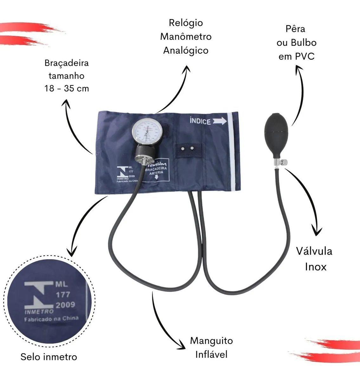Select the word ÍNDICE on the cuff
pyautogui.click(x=200, y=121)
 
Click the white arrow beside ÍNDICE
pyautogui.click(x=219, y=121)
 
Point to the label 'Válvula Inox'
pyautogui.click(x=314, y=259)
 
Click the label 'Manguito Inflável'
pyautogui.click(x=211, y=347)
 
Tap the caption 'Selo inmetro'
pyautogui.click(x=49, y=357)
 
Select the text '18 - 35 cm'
pyautogui.click(x=67, y=88)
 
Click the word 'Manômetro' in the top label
pyautogui.click(x=186, y=37)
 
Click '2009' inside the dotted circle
pyautogui.click(x=65, y=305)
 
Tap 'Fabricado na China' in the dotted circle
pyautogui.click(x=51, y=319)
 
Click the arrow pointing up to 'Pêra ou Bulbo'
pyautogui.click(x=298, y=92)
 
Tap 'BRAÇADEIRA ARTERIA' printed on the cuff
pyautogui.click(x=156, y=171)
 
